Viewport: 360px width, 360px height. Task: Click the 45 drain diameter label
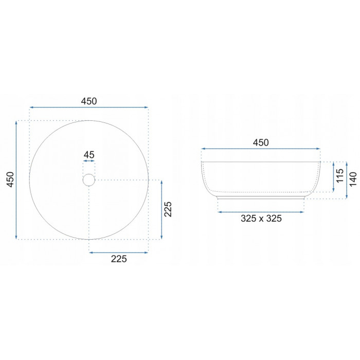click(x=89, y=155)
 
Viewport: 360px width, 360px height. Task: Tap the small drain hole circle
click(x=89, y=180)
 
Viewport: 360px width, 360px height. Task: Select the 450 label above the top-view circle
click(x=89, y=101)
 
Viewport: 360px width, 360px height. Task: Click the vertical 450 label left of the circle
click(x=11, y=179)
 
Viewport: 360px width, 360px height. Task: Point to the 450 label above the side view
click(x=261, y=143)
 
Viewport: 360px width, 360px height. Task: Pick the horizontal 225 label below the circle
click(x=119, y=259)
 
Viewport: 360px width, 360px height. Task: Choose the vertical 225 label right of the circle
click(x=168, y=209)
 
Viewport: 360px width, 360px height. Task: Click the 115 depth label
click(x=340, y=176)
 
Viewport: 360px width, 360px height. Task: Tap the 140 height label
click(x=353, y=179)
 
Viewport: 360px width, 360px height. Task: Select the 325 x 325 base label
click(x=261, y=219)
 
